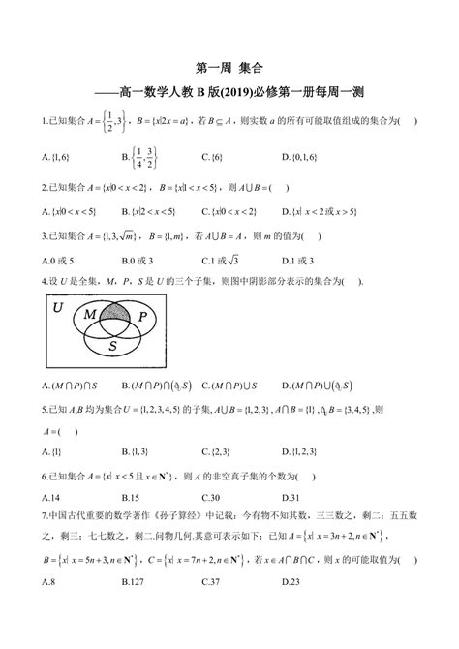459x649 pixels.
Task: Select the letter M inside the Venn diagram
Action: [x=89, y=316]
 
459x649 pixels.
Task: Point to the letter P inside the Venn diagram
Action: [x=142, y=317]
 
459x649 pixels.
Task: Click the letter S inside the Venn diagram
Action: [x=114, y=344]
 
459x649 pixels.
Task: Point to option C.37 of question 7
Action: [x=212, y=607]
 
